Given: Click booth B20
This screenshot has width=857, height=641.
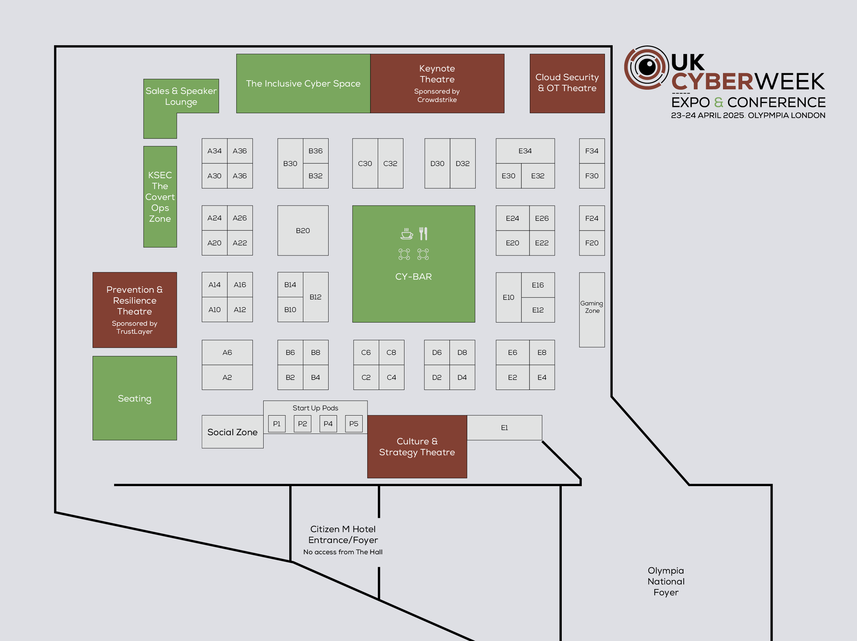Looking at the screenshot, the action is pyautogui.click(x=303, y=231).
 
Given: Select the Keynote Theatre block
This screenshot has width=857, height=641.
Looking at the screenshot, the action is pyautogui.click(x=437, y=83).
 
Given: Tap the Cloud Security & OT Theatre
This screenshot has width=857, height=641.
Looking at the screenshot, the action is pyautogui.click(x=567, y=83).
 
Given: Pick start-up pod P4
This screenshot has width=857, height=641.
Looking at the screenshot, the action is pyautogui.click(x=328, y=424).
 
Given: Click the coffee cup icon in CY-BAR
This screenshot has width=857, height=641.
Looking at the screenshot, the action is pyautogui.click(x=406, y=234).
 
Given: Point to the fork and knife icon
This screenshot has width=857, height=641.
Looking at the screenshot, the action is pyautogui.click(x=423, y=234).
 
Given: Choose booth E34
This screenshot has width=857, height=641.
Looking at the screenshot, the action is pyautogui.click(x=525, y=151).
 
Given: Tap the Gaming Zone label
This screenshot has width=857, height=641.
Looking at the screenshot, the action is pyautogui.click(x=591, y=307).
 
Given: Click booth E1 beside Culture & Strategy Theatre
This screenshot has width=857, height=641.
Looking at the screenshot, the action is pyautogui.click(x=504, y=428).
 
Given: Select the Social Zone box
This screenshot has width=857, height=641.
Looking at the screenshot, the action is pyautogui.click(x=232, y=432).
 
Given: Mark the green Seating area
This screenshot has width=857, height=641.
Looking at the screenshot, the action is pyautogui.click(x=135, y=398).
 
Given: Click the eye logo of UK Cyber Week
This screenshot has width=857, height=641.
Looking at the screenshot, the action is pyautogui.click(x=646, y=67).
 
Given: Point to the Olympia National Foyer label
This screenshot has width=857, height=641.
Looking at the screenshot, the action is pyautogui.click(x=666, y=581).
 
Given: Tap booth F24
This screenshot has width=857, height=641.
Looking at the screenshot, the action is pyautogui.click(x=591, y=218).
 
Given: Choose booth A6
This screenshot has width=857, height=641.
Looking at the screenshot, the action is pyautogui.click(x=227, y=352).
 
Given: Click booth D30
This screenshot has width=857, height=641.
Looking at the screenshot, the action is pyautogui.click(x=437, y=163).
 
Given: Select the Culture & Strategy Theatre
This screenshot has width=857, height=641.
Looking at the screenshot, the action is pyautogui.click(x=417, y=446).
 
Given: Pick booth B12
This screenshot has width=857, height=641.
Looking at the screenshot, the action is pyautogui.click(x=315, y=297).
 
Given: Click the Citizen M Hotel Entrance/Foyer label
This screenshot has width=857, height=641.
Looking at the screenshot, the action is pyautogui.click(x=343, y=540).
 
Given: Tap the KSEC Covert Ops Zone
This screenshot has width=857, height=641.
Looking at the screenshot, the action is pyautogui.click(x=160, y=197).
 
